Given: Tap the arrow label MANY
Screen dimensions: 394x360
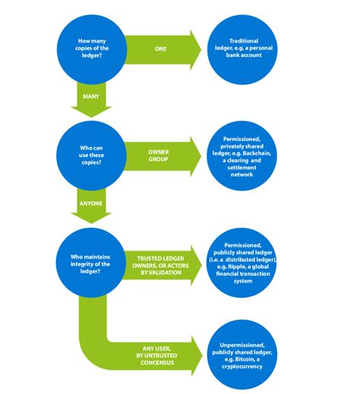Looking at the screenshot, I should click(x=91, y=96).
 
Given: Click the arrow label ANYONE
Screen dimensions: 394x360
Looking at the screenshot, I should click(x=92, y=203).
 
